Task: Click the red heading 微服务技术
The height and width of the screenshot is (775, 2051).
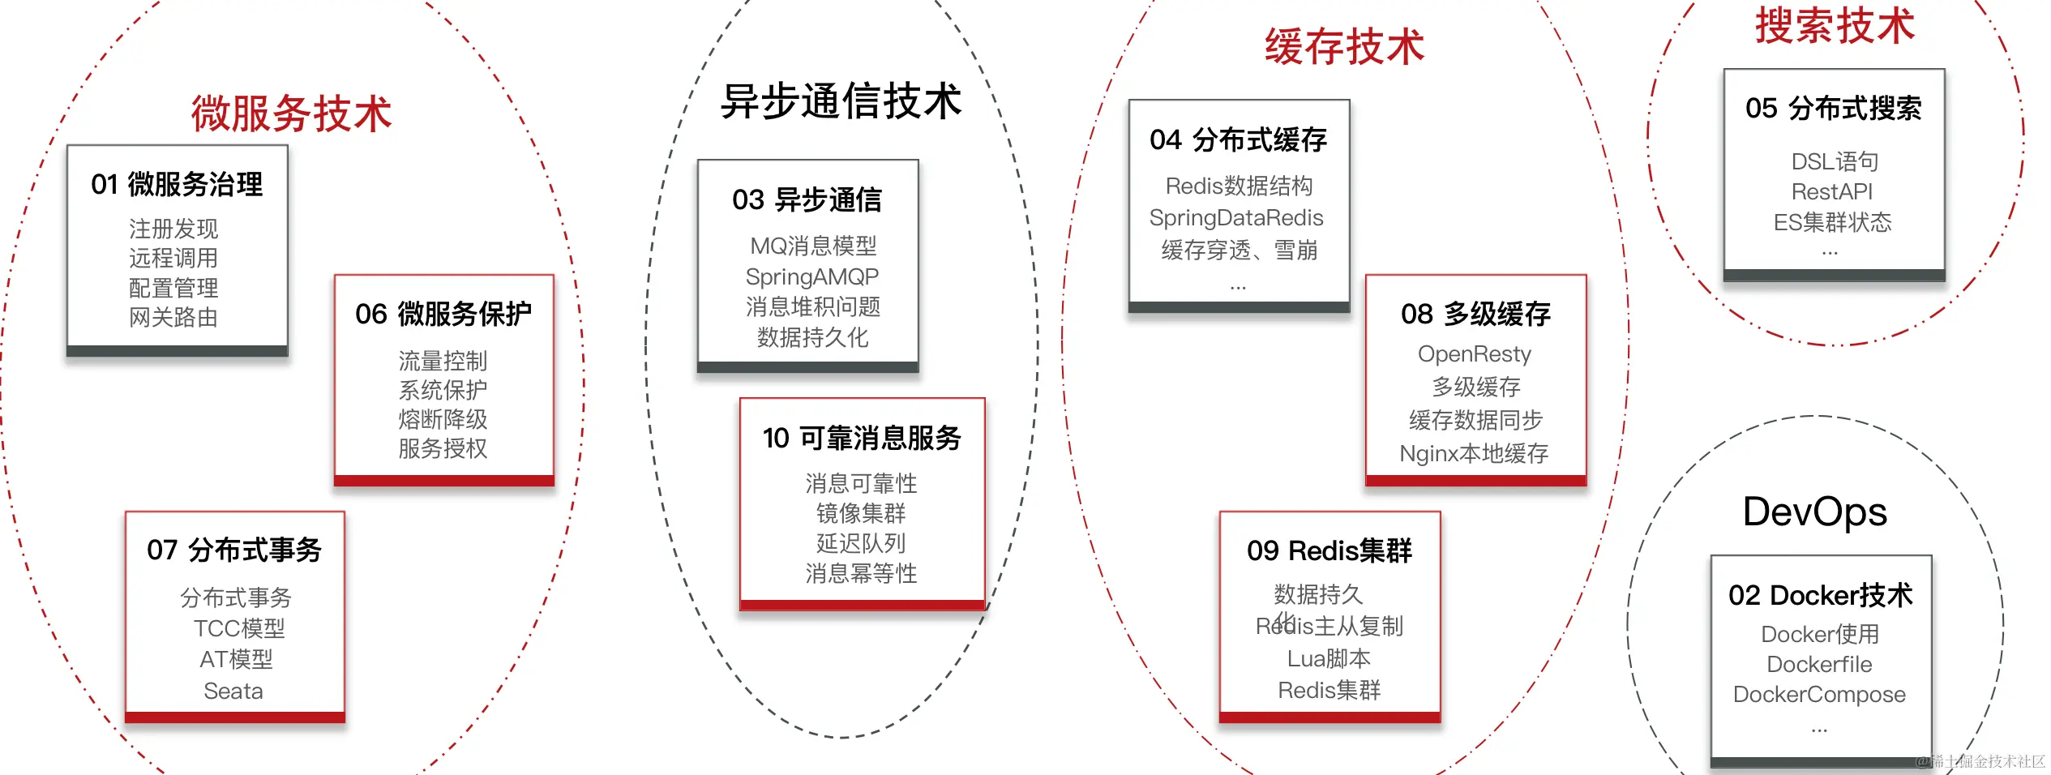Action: (292, 113)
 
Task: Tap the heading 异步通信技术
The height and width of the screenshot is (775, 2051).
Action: (841, 101)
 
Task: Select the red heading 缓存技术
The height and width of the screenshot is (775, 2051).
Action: (1344, 46)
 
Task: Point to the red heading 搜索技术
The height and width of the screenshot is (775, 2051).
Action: (1835, 25)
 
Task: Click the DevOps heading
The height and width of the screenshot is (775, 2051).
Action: (1814, 512)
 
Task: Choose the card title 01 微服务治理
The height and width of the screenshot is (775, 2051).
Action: (177, 184)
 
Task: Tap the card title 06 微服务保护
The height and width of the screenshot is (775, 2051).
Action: (443, 314)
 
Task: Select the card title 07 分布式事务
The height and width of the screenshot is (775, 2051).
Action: (234, 550)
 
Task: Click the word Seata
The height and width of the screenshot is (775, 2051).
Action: (233, 691)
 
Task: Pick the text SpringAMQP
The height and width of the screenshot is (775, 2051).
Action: (811, 276)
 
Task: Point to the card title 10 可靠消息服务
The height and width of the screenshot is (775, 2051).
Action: (862, 438)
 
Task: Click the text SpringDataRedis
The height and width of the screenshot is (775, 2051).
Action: (1236, 217)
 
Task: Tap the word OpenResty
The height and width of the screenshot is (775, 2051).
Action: (1475, 353)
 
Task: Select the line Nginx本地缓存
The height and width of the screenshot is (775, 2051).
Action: (1474, 453)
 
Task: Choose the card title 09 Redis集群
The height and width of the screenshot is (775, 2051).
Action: (1330, 550)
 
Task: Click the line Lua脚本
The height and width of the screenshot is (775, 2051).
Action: (1329, 658)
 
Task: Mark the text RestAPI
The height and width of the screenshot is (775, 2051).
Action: (1832, 191)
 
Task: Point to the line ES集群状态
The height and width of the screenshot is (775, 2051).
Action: (1832, 222)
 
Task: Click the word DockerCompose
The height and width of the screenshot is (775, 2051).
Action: (1819, 694)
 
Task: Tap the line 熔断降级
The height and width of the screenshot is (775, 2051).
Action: (443, 419)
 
